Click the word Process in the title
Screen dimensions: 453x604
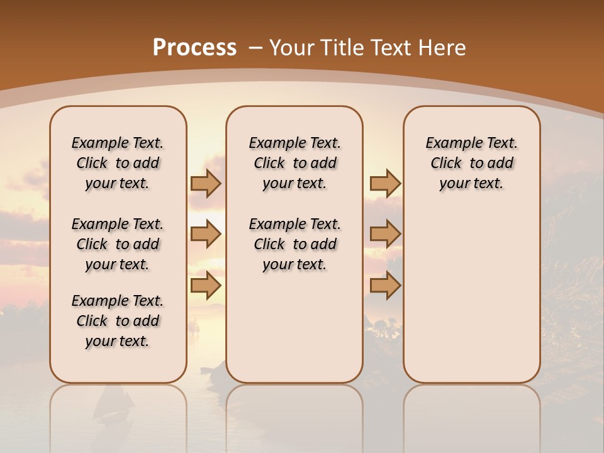pos(194,47)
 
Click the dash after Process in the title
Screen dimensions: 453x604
pos(255,48)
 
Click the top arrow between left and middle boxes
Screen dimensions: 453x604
pos(206,184)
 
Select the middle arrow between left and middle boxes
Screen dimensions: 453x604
pos(206,235)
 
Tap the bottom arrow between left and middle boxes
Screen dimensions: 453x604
pos(206,286)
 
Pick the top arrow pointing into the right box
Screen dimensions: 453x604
pos(385,184)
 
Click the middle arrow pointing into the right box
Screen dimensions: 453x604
pos(385,235)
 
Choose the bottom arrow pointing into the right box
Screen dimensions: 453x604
pos(385,286)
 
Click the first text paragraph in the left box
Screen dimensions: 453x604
pos(118,163)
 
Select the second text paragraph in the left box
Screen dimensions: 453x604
pos(118,244)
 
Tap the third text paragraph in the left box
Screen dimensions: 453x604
pos(118,321)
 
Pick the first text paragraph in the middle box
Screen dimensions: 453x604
pos(294,163)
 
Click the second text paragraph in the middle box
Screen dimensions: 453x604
pos(294,244)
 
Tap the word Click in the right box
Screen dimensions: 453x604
pos(446,163)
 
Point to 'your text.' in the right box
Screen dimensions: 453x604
pos(471,184)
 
